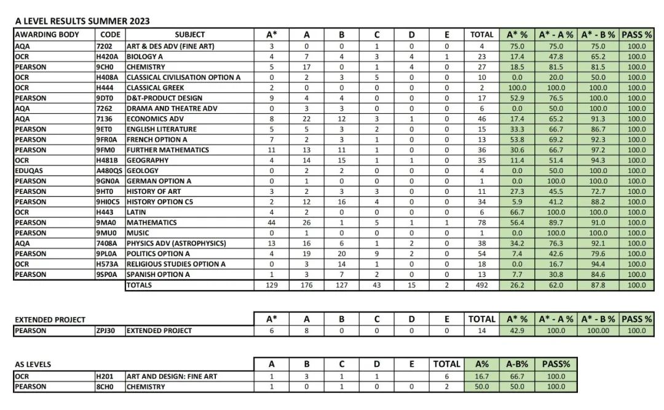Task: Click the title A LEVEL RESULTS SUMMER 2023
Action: tap(82, 21)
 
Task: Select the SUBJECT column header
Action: tap(189, 34)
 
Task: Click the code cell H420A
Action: tap(108, 57)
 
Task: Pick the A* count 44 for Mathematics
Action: tap(271, 222)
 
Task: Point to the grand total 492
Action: tap(481, 285)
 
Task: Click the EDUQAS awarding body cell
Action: tap(30, 171)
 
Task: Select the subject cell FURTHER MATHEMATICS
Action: tap(168, 150)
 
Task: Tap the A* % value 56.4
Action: tap(516, 222)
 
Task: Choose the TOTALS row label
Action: tap(139, 285)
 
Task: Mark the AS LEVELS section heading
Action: tap(33, 364)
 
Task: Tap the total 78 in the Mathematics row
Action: tap(481, 222)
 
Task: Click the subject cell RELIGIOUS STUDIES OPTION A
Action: tap(176, 264)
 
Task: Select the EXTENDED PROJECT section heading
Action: tap(50, 320)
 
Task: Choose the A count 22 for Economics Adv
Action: tap(306, 119)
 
